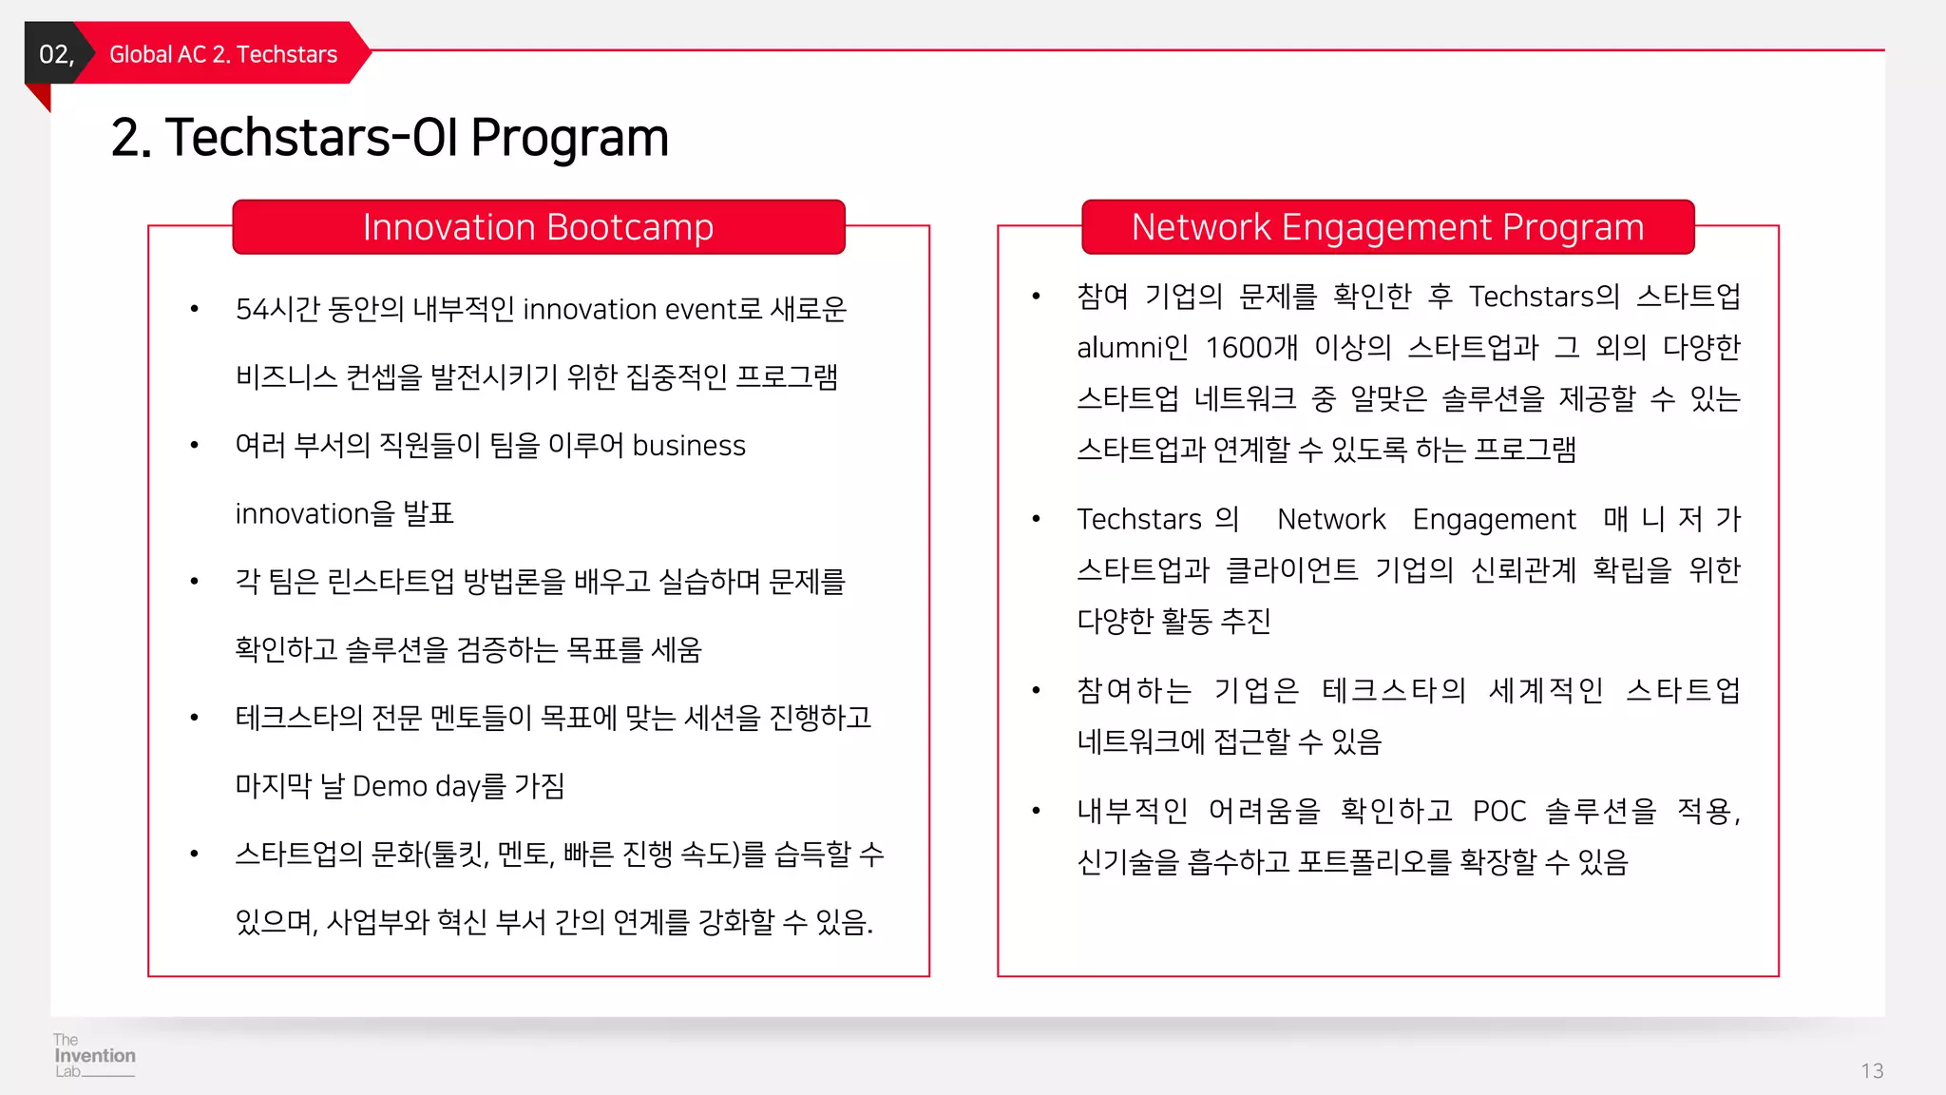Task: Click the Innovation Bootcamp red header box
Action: [x=538, y=227]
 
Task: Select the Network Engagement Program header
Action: [x=1387, y=227]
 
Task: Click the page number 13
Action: [x=1871, y=1071]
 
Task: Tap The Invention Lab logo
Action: [x=93, y=1055]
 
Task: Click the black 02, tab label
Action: [x=55, y=54]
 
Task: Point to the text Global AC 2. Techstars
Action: [x=223, y=54]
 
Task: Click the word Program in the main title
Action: [x=569, y=138]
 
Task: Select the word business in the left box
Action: [x=689, y=446]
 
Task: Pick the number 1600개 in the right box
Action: [x=1251, y=348]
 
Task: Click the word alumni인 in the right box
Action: [x=1132, y=348]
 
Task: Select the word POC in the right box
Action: [x=1498, y=812]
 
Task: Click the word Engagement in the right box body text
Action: [x=1494, y=520]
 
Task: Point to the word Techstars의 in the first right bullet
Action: [x=1544, y=297]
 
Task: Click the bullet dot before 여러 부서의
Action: [x=194, y=446]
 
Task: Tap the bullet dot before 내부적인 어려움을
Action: [x=1036, y=811]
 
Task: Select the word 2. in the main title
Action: [x=131, y=138]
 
